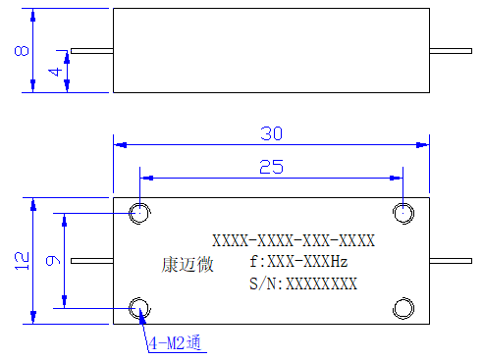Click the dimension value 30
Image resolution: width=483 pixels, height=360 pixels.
tap(271, 133)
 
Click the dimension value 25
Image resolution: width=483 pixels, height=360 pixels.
tap(271, 167)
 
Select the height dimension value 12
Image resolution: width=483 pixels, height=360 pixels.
tap(22, 261)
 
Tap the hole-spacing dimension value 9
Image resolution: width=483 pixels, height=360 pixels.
tap(53, 260)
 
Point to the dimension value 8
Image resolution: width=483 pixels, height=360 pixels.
tap(22, 51)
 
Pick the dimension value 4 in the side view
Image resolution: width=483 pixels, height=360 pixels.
tap(56, 72)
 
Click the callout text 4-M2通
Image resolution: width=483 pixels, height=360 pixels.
tap(175, 343)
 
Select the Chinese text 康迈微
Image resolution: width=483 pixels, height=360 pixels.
tap(188, 265)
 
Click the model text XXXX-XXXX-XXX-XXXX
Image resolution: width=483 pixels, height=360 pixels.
tap(294, 240)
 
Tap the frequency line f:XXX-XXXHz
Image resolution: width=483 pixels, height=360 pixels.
tap(298, 262)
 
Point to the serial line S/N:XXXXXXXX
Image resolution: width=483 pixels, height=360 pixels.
tap(303, 283)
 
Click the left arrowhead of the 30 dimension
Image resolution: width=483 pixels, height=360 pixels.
tap(120, 144)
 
